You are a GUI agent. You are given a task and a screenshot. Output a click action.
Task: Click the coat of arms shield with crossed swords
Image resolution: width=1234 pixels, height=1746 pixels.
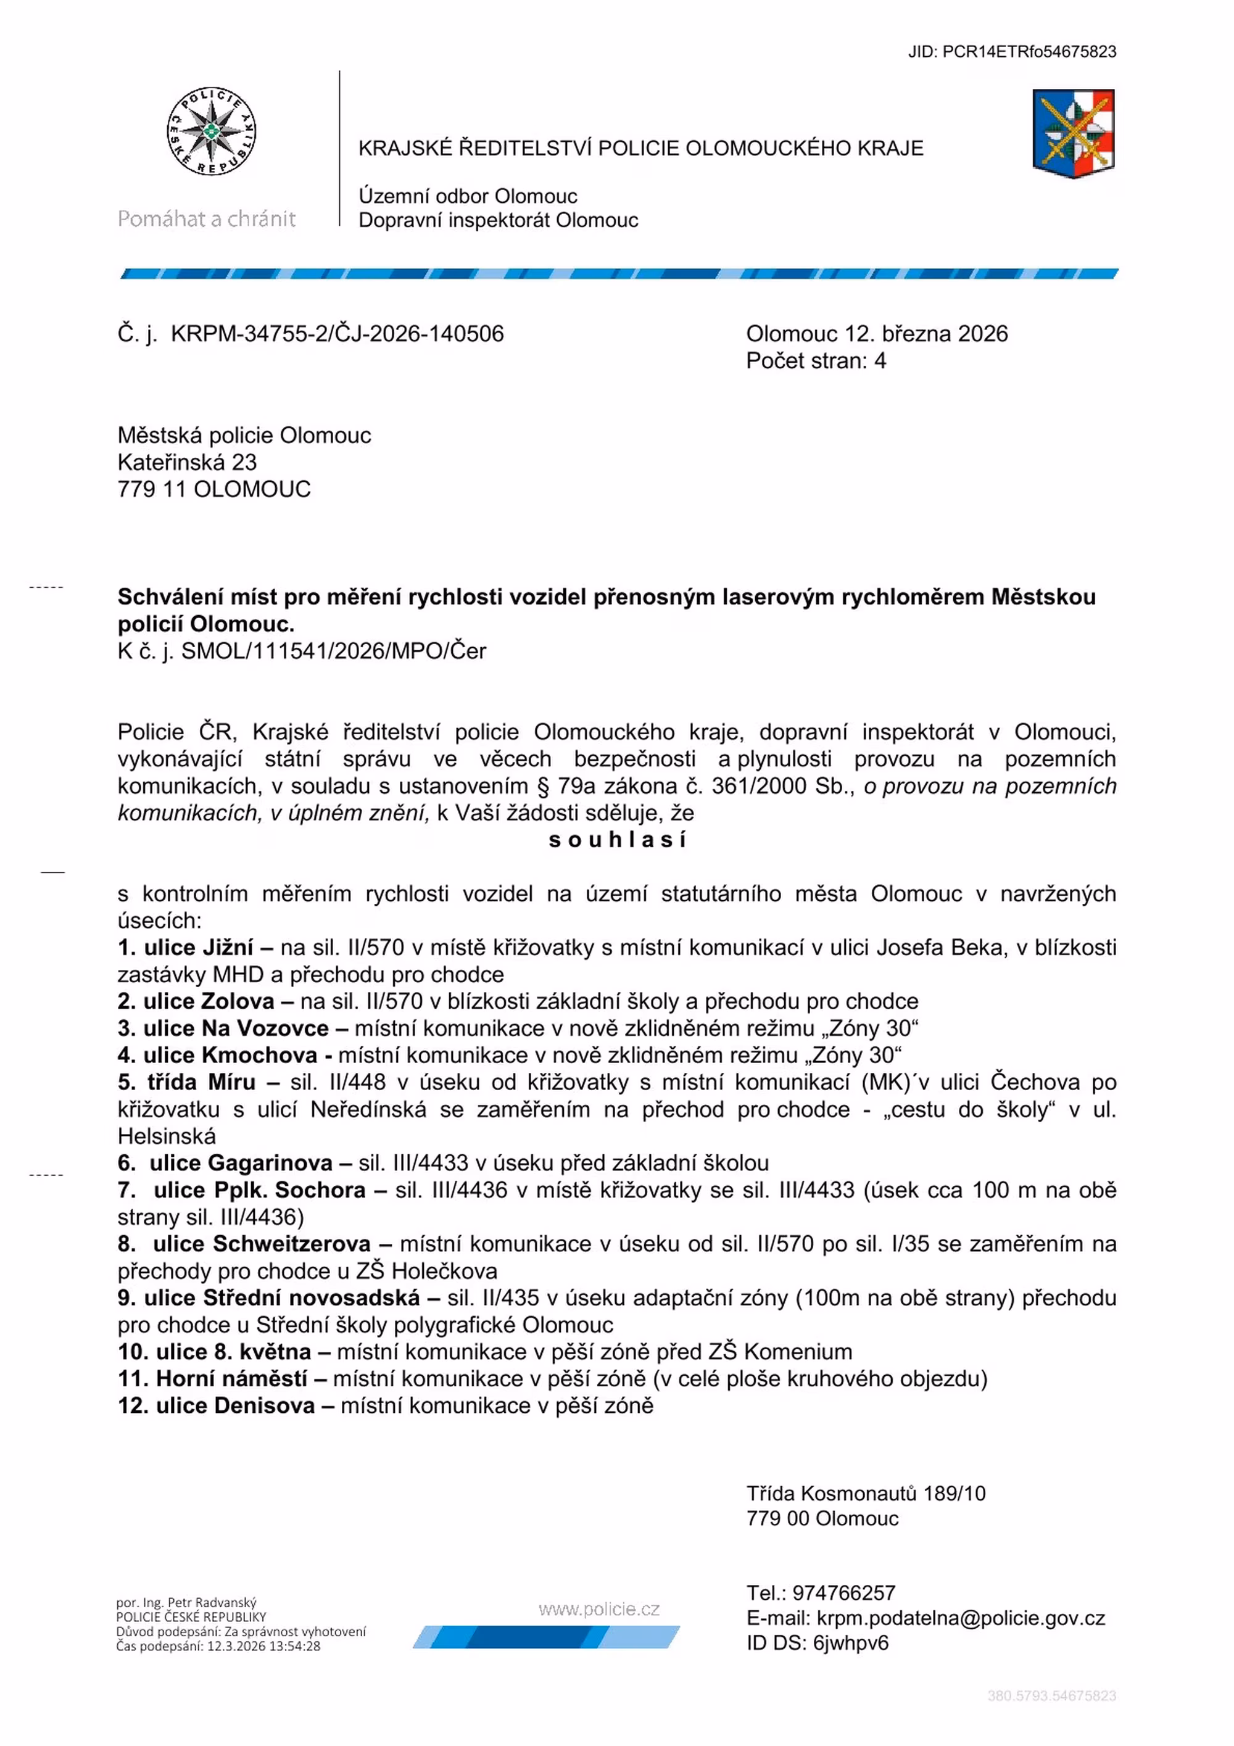click(1073, 134)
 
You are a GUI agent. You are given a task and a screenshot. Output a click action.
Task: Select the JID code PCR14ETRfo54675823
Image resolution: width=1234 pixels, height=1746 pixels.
click(1029, 52)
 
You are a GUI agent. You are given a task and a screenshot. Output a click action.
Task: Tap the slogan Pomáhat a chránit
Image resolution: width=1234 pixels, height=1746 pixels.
click(206, 219)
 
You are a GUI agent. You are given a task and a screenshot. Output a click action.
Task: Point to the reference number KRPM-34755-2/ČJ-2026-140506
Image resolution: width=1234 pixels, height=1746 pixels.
click(337, 334)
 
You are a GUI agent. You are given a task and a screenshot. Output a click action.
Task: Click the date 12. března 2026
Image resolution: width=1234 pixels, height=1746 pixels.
click(926, 334)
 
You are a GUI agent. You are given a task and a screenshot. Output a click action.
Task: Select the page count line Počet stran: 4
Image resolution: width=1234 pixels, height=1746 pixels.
click(816, 360)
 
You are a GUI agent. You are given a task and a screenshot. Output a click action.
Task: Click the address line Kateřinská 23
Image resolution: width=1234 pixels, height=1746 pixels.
click(187, 461)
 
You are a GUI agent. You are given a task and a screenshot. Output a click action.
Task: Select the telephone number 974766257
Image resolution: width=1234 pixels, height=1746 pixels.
click(843, 1593)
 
